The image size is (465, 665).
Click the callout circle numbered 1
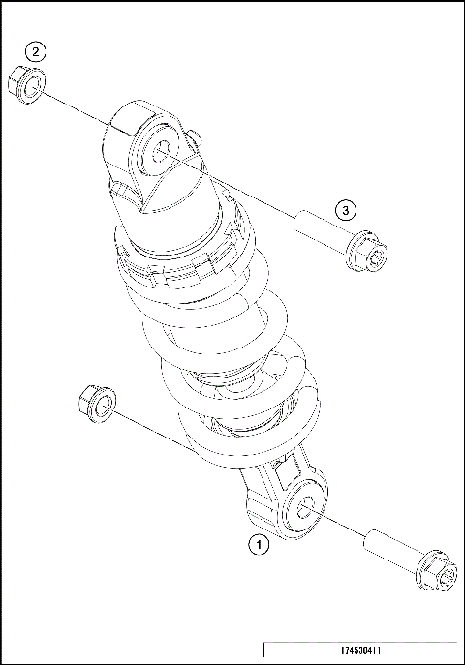[x=258, y=545]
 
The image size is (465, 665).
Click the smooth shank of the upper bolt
[x=319, y=230]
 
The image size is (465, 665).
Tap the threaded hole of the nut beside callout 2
[x=32, y=88]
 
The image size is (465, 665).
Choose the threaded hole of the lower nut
[x=99, y=404]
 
